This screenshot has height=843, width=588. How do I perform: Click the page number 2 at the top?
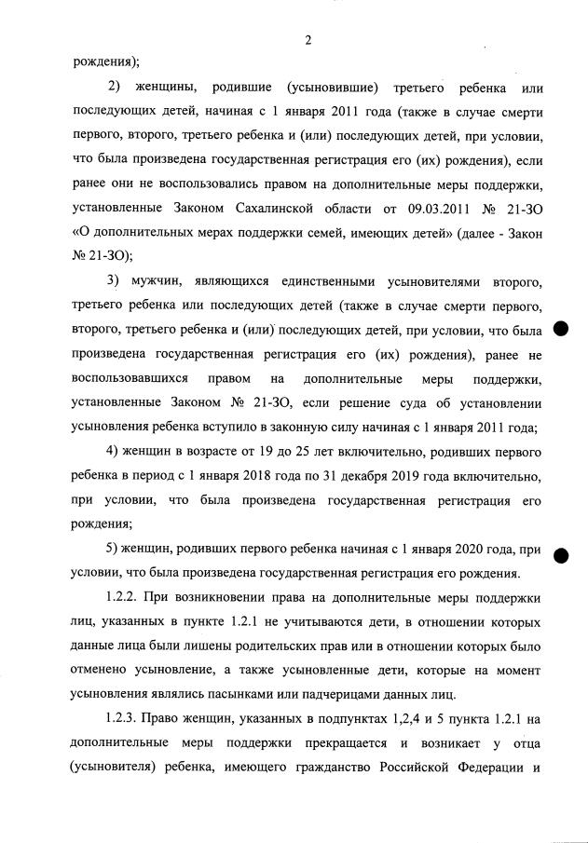pos(307,39)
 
